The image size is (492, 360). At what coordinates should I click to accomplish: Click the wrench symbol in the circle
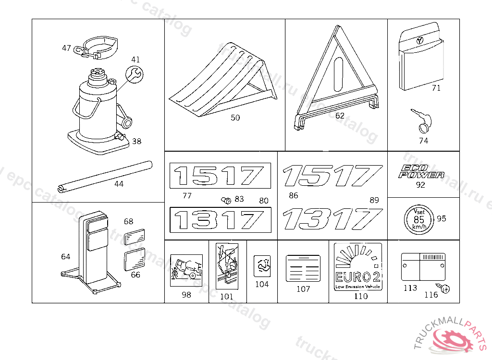(x=134, y=74)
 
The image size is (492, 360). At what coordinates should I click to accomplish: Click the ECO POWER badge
(x=421, y=171)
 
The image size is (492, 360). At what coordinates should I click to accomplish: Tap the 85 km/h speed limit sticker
(x=418, y=219)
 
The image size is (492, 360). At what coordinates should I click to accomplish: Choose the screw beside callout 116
(x=445, y=289)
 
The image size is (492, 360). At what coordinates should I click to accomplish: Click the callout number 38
(x=137, y=141)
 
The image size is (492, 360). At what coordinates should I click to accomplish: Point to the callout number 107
(x=303, y=289)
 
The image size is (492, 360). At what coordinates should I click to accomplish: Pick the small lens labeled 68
(x=135, y=237)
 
